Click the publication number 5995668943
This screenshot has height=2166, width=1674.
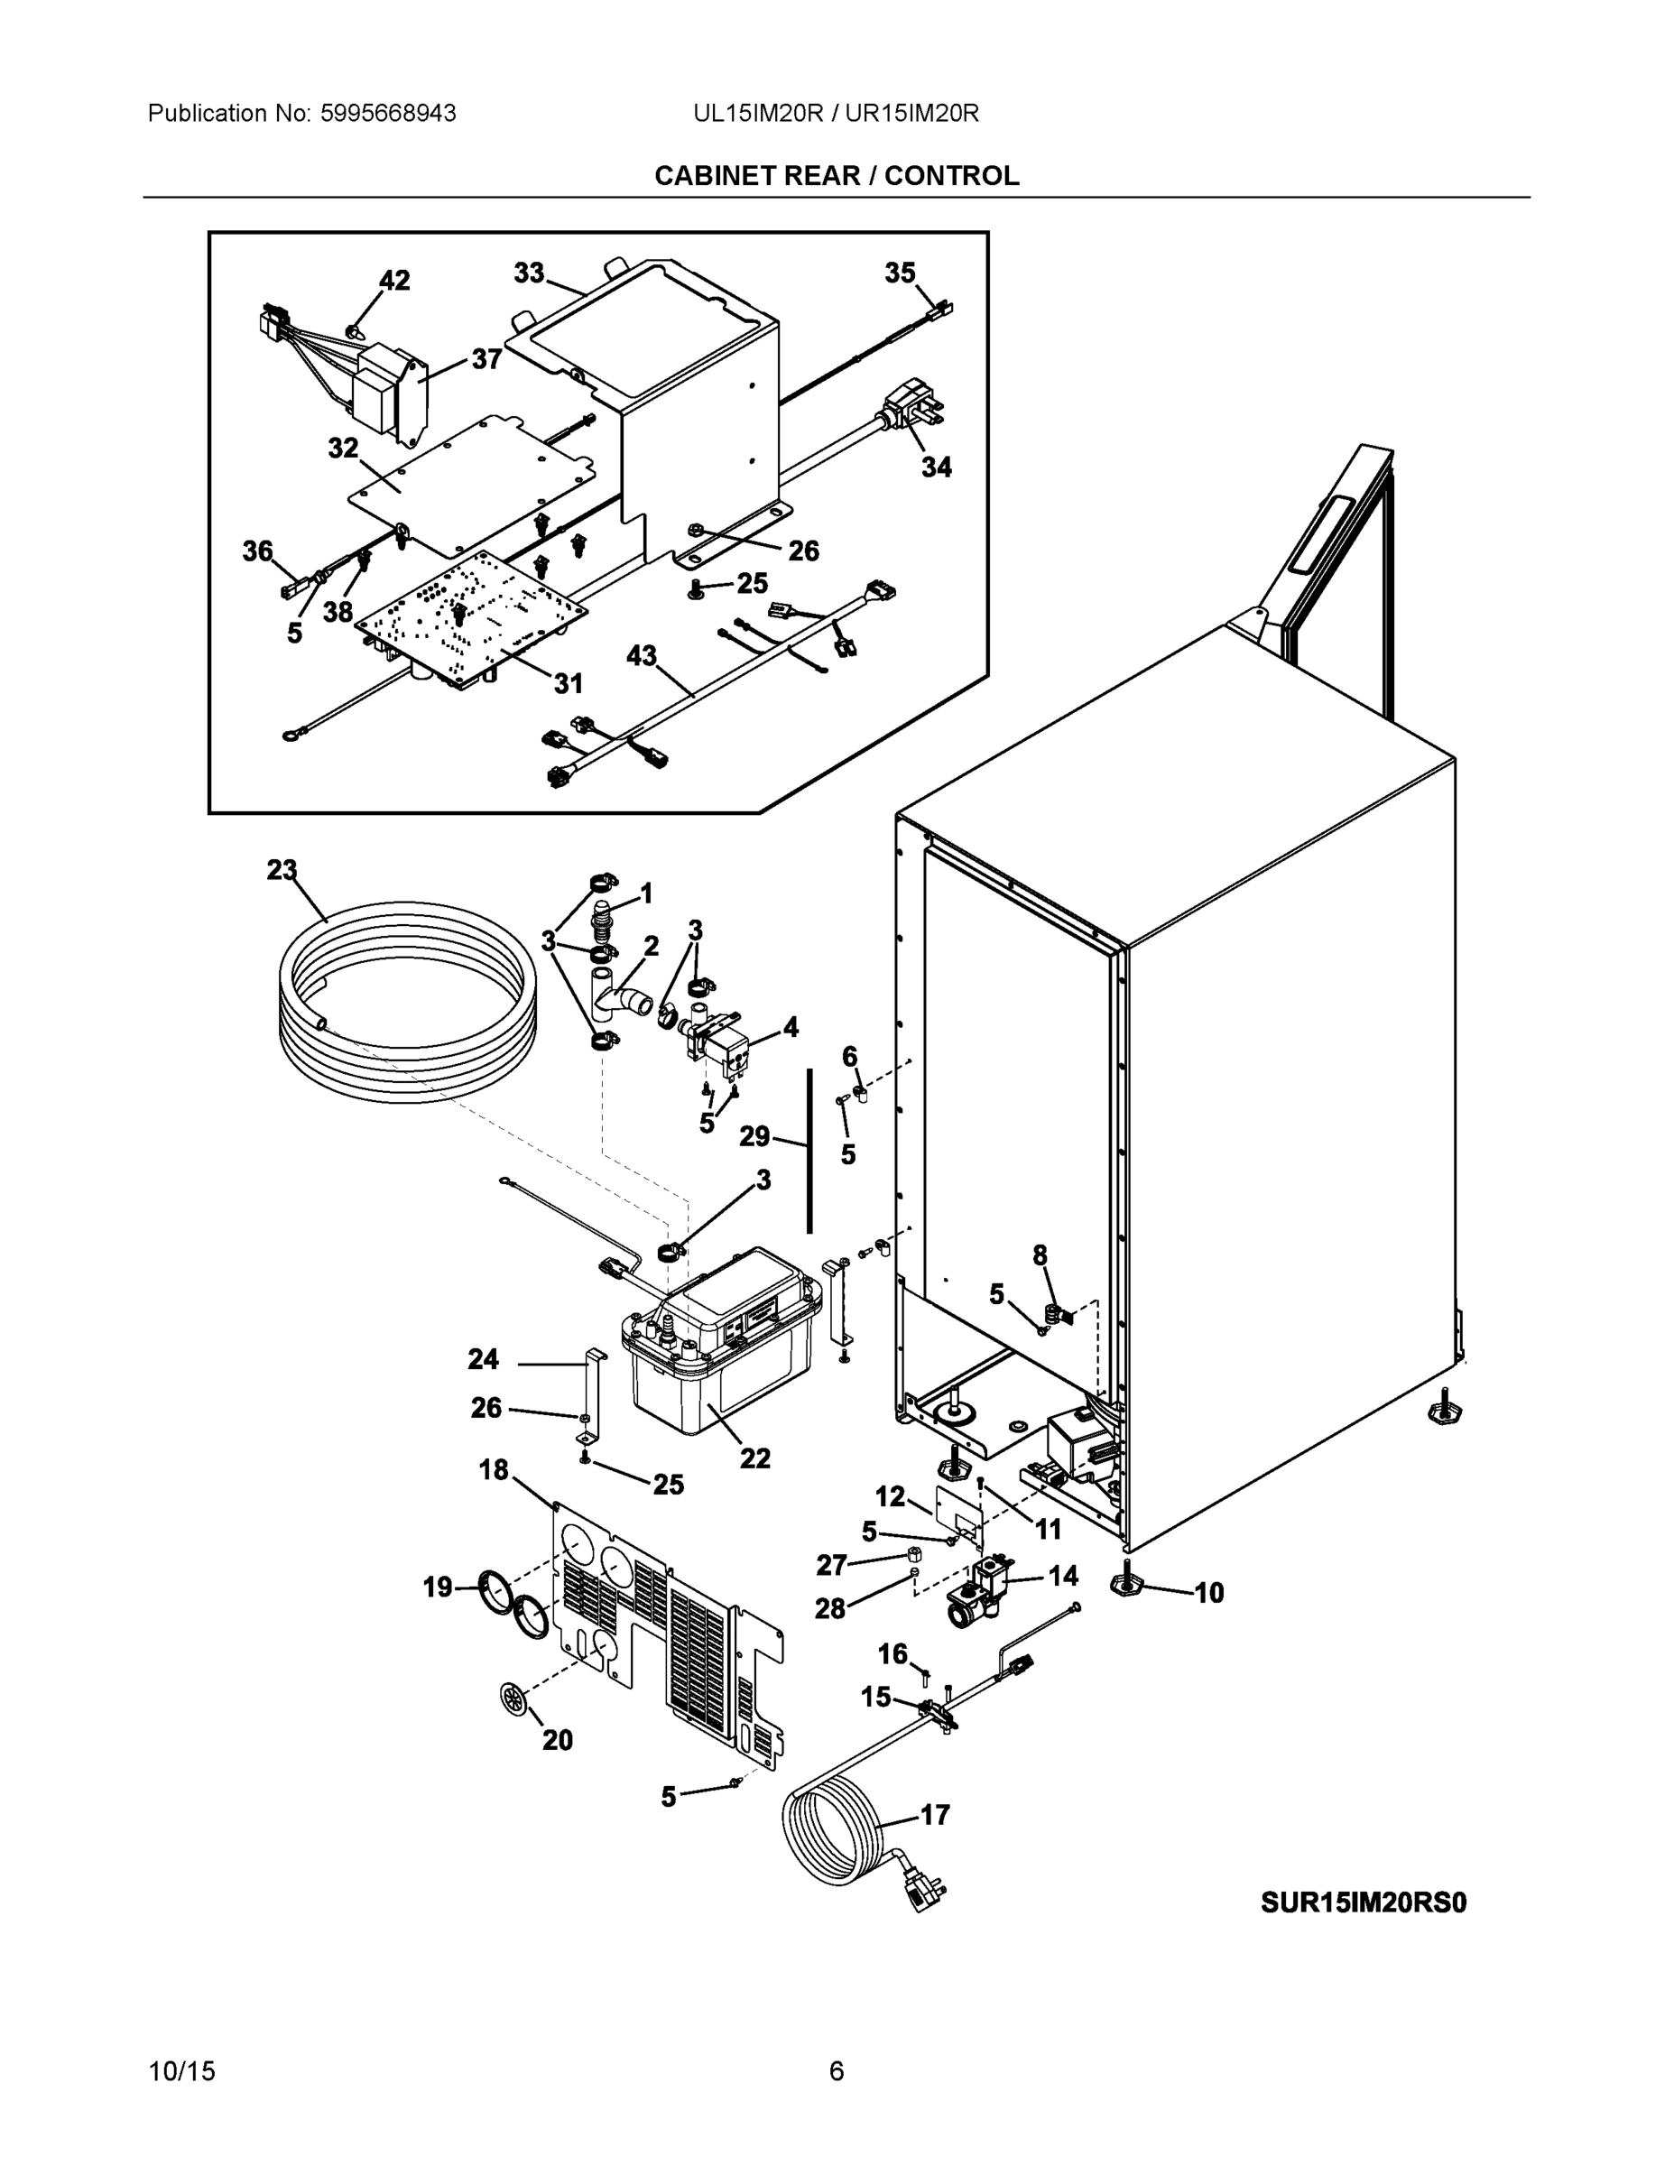point(388,114)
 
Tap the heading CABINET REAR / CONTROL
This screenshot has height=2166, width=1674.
point(836,176)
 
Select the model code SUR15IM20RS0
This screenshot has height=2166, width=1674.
point(1363,1902)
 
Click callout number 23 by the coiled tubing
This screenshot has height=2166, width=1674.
point(282,870)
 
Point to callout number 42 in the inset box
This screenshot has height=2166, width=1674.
point(393,281)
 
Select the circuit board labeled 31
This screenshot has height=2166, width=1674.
point(466,615)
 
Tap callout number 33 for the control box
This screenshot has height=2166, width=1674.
point(529,273)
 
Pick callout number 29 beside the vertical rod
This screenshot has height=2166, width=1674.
point(754,1136)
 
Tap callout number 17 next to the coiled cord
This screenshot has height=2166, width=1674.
point(934,1815)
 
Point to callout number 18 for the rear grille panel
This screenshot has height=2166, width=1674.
point(493,1470)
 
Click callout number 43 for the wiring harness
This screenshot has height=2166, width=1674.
point(642,655)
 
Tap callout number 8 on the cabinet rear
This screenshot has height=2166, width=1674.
point(1040,1255)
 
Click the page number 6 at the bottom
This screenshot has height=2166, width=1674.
point(836,2071)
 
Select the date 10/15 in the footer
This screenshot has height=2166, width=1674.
point(181,2071)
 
